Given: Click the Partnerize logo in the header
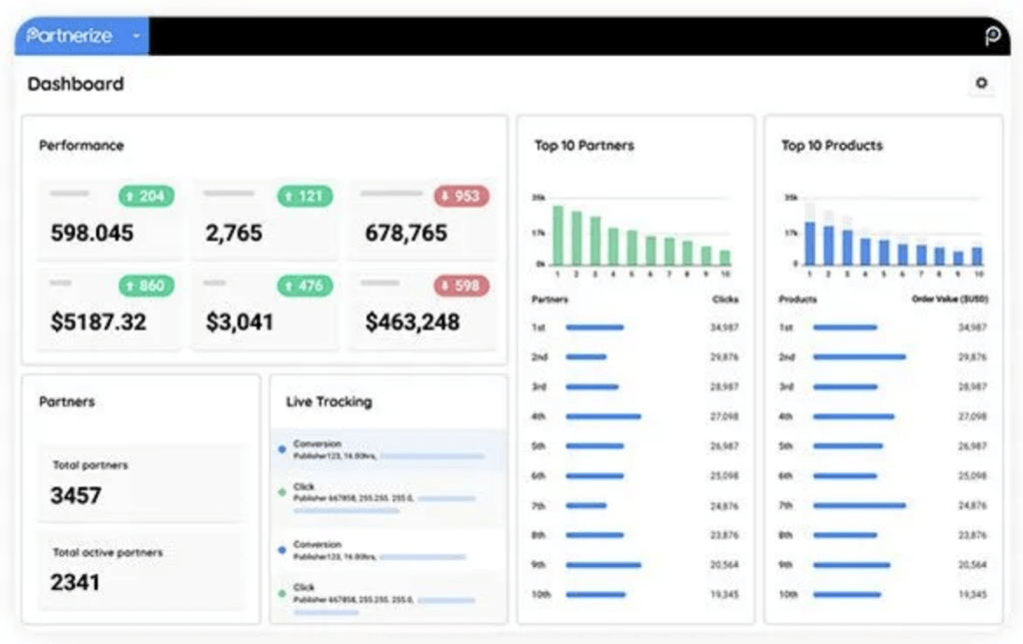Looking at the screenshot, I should [69, 36].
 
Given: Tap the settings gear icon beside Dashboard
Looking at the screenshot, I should [981, 84].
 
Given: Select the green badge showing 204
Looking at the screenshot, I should [146, 196].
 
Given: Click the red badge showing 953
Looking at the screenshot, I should [461, 196].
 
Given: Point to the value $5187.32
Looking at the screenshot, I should [98, 322].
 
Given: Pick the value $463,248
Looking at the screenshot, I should [413, 322].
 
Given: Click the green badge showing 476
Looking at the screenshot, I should [304, 286].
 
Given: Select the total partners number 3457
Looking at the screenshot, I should [76, 495].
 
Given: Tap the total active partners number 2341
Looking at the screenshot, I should [75, 582].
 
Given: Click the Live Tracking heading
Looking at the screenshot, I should [329, 401].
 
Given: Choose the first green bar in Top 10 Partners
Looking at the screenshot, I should [558, 236].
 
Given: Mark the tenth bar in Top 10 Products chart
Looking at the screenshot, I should [977, 256].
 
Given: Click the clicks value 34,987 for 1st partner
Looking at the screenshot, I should [724, 327].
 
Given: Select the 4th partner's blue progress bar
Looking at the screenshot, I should [603, 416].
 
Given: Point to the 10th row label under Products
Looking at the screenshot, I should [788, 594].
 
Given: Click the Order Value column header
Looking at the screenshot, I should [949, 300].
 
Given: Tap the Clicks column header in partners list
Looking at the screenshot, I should [725, 300].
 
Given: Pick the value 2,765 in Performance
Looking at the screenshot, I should [234, 234].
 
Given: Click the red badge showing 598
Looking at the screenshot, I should [461, 286].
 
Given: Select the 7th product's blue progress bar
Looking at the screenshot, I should [859, 505].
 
